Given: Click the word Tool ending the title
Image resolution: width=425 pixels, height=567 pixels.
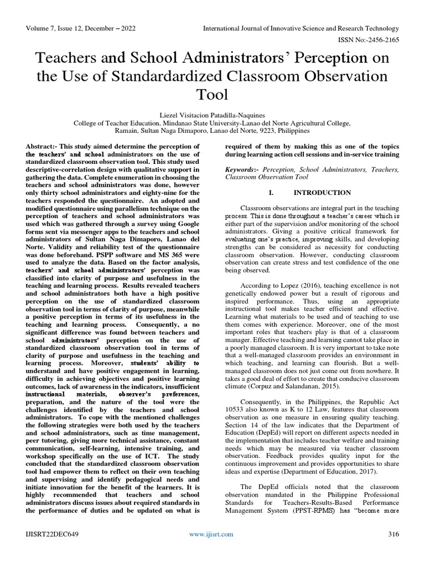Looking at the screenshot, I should click(212, 94).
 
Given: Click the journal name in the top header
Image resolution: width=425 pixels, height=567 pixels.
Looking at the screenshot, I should click(301, 28).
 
